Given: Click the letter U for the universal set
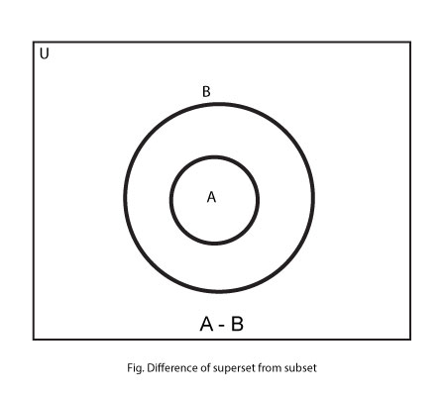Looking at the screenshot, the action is (44, 53).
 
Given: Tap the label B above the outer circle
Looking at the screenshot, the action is (206, 92).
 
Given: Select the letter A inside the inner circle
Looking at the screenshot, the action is (211, 197).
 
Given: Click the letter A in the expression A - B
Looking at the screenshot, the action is (206, 324).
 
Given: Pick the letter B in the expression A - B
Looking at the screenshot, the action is (237, 324).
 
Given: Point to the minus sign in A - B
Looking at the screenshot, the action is (222, 326).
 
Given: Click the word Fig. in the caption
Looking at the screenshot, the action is (135, 368).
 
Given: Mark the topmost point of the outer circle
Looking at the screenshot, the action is (219, 104).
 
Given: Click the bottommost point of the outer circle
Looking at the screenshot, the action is (219, 291).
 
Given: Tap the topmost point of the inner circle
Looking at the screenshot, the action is (214, 157).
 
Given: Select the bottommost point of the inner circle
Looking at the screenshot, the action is (214, 244).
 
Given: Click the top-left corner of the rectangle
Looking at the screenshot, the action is (34, 42).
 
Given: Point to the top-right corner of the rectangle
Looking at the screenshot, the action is (410, 42).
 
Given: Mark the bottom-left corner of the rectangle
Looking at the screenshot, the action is (34, 340).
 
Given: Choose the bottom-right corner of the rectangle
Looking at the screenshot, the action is (410, 340).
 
